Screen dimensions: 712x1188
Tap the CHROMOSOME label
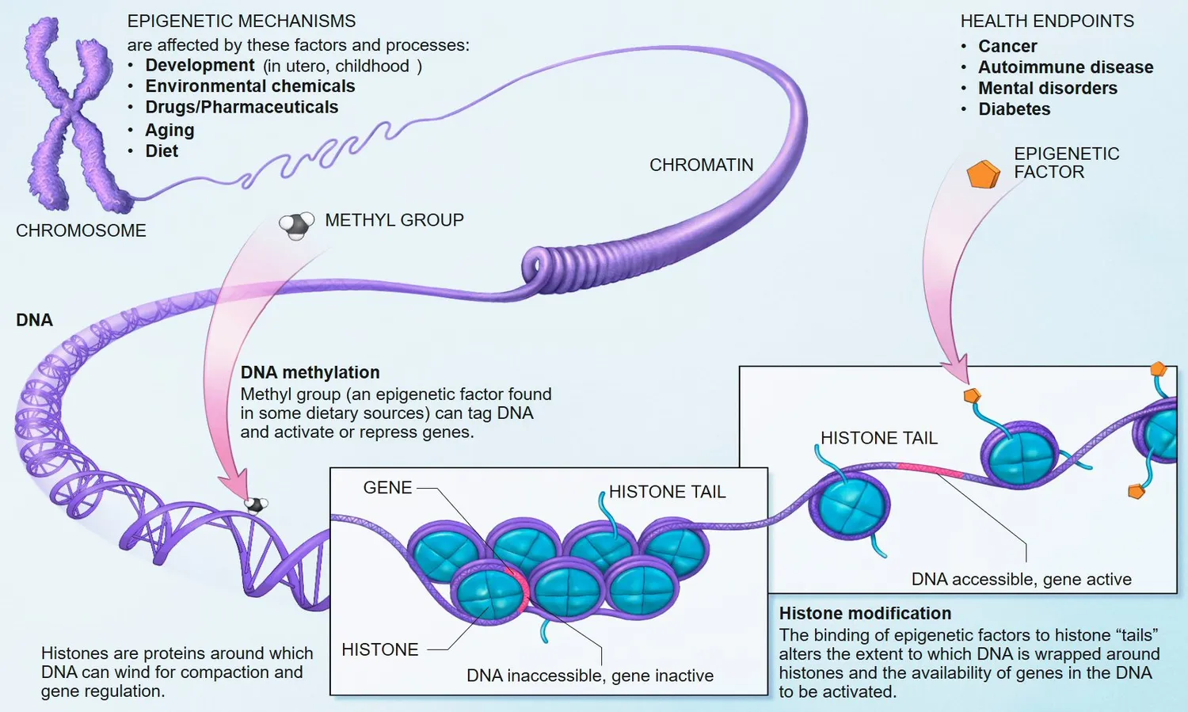click(x=81, y=230)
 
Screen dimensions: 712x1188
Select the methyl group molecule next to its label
click(x=295, y=225)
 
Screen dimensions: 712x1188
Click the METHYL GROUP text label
click(x=394, y=220)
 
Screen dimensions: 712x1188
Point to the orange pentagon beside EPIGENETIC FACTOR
click(x=983, y=174)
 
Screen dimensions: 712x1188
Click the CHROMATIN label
click(x=701, y=165)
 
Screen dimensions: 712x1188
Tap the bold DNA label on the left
click(x=34, y=320)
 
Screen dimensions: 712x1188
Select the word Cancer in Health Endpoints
click(x=1007, y=47)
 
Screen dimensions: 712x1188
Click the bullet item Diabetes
click(x=1014, y=109)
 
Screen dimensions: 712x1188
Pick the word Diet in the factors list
click(x=162, y=151)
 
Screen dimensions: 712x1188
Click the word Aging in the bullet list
click(x=169, y=130)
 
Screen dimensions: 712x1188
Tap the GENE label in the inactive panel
click(x=387, y=488)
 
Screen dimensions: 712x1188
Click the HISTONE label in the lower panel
click(x=379, y=649)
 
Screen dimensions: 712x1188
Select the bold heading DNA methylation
click(x=310, y=372)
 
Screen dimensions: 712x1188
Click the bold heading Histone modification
click(x=865, y=613)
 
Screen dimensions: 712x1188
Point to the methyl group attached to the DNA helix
click(x=255, y=504)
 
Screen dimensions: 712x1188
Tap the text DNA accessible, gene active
click(x=1021, y=579)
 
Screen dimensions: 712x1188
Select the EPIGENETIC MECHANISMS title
click(x=242, y=21)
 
